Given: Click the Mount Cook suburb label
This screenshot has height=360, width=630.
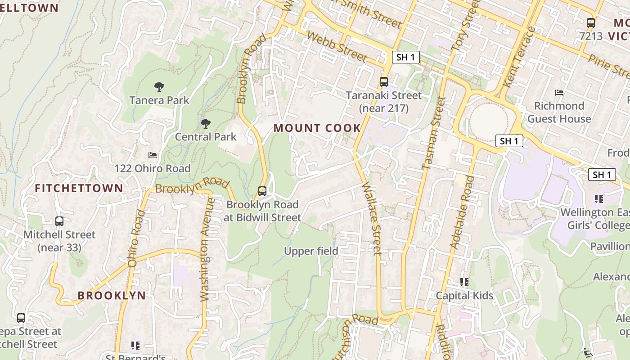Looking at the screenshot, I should tap(317, 128).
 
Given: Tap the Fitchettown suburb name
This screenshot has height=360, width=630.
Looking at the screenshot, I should tap(79, 188).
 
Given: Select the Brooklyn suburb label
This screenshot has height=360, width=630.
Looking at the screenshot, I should tap(112, 296).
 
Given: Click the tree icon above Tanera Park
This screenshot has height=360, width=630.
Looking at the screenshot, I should tap(159, 87).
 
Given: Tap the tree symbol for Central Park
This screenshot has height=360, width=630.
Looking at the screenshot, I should tap(206, 123).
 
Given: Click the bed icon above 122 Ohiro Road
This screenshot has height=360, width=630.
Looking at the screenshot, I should tap(153, 155).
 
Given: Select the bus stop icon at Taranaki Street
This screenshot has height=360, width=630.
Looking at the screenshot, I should tap(384, 82).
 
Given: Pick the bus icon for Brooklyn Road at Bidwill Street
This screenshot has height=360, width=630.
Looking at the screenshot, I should tap(262, 191).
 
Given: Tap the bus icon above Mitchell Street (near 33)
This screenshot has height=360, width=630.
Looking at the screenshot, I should tap(59, 221).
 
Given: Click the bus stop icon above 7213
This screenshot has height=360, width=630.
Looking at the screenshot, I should tap(591, 23).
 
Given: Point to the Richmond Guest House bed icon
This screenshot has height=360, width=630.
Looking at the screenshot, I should tap(559, 93).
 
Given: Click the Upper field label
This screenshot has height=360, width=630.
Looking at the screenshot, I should tap(311, 251).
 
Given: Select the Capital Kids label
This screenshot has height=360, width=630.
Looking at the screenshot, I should tap(464, 296).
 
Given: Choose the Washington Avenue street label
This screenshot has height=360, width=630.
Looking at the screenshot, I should tap(205, 250).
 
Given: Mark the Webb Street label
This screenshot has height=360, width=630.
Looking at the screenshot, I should tap(337, 46).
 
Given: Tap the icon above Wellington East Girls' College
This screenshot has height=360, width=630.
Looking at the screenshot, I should tap(598, 198).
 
